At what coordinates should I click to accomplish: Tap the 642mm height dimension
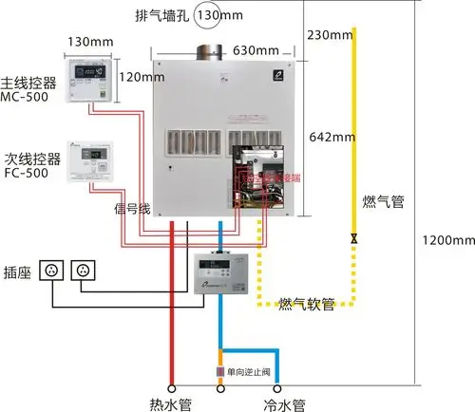[332, 138]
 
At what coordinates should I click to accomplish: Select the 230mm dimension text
[331, 35]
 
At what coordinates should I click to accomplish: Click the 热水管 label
[172, 404]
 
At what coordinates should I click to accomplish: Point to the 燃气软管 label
[306, 304]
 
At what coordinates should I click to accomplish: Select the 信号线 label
[132, 208]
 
